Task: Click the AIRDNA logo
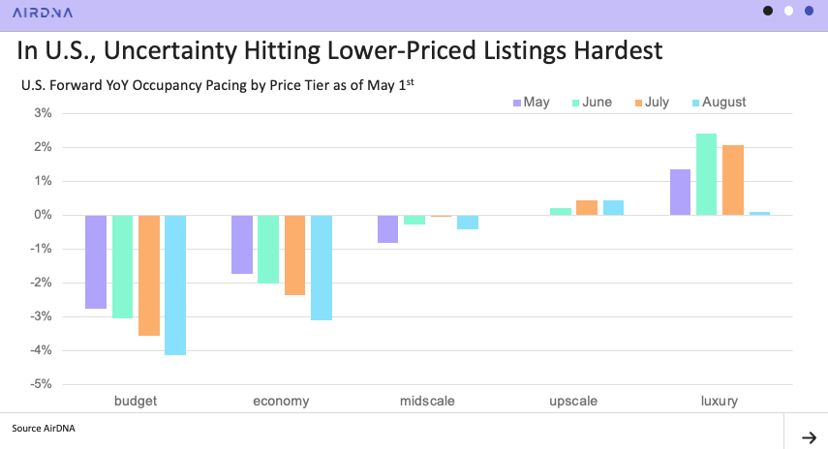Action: click(42, 13)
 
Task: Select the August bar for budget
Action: click(175, 284)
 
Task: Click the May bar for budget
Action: click(96, 261)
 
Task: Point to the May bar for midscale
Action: click(387, 228)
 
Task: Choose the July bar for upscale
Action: click(587, 207)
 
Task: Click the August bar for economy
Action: click(322, 267)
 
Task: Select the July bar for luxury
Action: click(732, 180)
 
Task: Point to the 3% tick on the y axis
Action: click(44, 113)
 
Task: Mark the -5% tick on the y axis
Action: click(41, 384)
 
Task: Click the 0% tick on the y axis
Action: click(44, 215)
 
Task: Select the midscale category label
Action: click(427, 401)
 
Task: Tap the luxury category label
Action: click(720, 401)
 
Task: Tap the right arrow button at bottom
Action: click(808, 437)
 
